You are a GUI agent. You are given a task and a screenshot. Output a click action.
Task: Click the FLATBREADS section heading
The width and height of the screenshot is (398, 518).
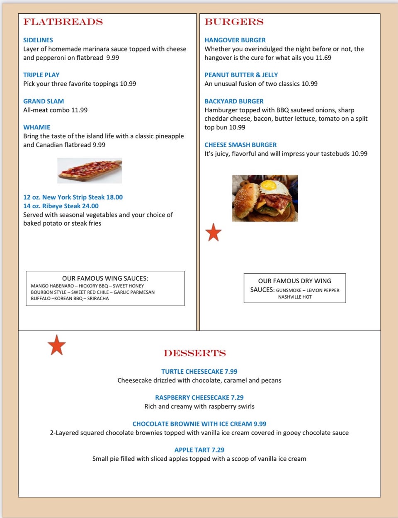(63, 22)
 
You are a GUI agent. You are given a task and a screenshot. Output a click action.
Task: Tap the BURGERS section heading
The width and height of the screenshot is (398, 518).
(234, 22)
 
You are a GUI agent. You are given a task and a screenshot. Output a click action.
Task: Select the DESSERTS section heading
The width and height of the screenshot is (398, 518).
(195, 353)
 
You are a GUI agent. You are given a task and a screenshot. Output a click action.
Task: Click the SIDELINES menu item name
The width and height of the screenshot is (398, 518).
(38, 40)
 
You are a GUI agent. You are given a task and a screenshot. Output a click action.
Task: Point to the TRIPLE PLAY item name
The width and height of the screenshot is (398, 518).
(41, 75)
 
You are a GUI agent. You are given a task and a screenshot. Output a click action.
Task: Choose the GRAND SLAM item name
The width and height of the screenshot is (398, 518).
(44, 101)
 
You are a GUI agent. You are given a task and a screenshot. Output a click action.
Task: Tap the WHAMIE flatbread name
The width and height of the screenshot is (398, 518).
(37, 127)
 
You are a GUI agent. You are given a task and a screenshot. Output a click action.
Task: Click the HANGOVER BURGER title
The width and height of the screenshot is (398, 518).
(235, 40)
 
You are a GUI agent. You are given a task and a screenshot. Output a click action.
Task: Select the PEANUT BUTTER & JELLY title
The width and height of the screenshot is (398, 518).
(241, 75)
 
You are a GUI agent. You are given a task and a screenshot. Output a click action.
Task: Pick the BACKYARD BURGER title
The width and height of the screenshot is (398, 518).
(234, 101)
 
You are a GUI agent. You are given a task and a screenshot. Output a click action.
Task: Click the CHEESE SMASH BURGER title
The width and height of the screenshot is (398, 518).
(240, 145)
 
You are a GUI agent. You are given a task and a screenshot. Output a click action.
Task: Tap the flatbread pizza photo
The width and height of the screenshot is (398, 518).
(90, 170)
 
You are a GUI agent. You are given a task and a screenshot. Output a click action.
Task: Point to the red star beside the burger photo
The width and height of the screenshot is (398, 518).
(214, 232)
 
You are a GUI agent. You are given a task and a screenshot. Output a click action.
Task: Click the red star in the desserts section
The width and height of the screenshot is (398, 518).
(57, 345)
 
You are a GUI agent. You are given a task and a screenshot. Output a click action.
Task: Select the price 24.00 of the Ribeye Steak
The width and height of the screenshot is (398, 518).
(90, 206)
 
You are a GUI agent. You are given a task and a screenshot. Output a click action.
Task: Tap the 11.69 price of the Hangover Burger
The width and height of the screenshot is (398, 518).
(323, 58)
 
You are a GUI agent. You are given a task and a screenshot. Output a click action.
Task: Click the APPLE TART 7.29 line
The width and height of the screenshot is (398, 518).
(199, 450)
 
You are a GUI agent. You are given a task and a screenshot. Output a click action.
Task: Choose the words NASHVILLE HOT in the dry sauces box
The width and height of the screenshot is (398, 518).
(295, 297)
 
